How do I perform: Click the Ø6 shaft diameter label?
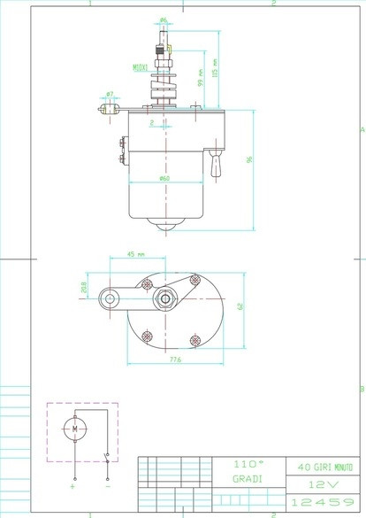click(x=164, y=19)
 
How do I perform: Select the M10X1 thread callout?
click(x=141, y=67)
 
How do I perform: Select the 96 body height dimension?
click(x=249, y=159)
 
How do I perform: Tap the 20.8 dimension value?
click(x=85, y=287)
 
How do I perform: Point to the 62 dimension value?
click(x=240, y=305)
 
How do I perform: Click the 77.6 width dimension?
click(x=175, y=360)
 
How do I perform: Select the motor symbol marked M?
click(x=75, y=430)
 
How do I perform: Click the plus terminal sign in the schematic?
click(x=73, y=486)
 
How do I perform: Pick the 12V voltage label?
click(x=324, y=484)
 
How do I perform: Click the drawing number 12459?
click(x=324, y=502)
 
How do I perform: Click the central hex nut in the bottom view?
click(x=164, y=298)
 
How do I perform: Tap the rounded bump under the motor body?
click(x=164, y=228)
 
